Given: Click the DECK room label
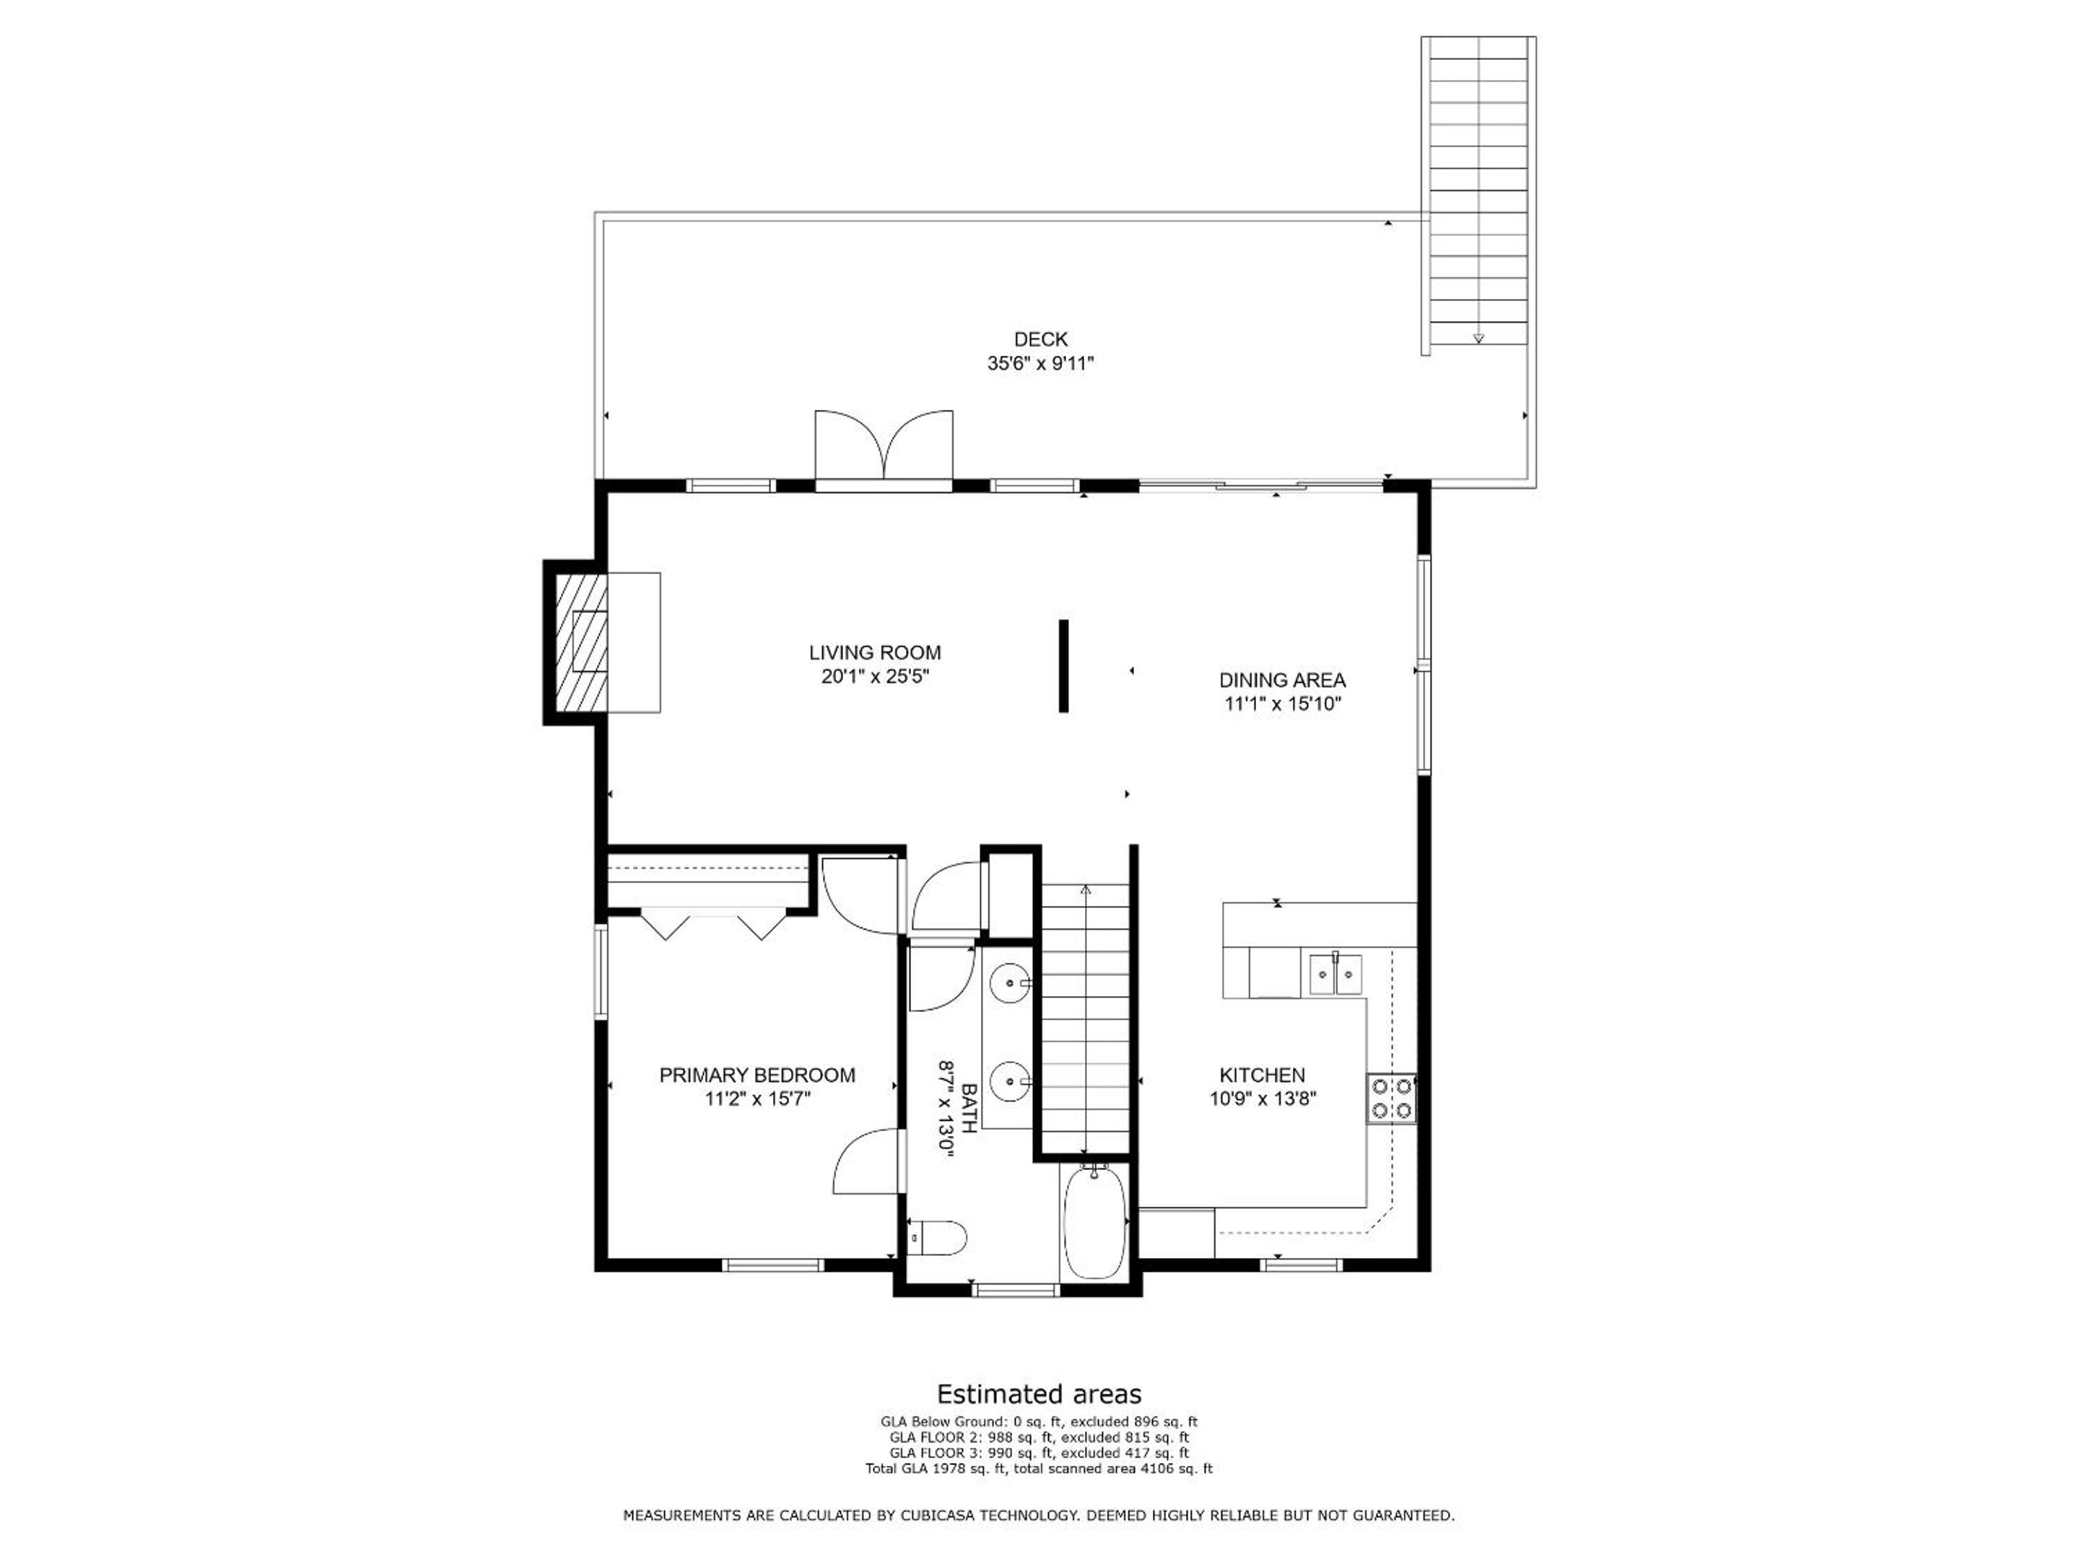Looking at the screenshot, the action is pyautogui.click(x=1040, y=339).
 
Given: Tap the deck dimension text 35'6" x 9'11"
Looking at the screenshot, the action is pyautogui.click(x=1040, y=364).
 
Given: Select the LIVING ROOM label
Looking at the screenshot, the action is pyautogui.click(x=875, y=652).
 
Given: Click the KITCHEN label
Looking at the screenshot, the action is pyautogui.click(x=1263, y=1075).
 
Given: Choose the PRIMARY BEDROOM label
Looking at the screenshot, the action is pyautogui.click(x=757, y=1075).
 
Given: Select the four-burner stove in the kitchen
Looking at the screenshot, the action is pyautogui.click(x=1391, y=1099).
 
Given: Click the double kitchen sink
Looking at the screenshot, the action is pyautogui.click(x=1335, y=974).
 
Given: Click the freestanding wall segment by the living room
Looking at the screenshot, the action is pyautogui.click(x=1064, y=666).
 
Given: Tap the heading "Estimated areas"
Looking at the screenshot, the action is pyautogui.click(x=1039, y=1394).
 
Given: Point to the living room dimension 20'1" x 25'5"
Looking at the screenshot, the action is pyautogui.click(x=875, y=676).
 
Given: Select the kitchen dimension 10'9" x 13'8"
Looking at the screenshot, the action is pyautogui.click(x=1263, y=1099).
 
